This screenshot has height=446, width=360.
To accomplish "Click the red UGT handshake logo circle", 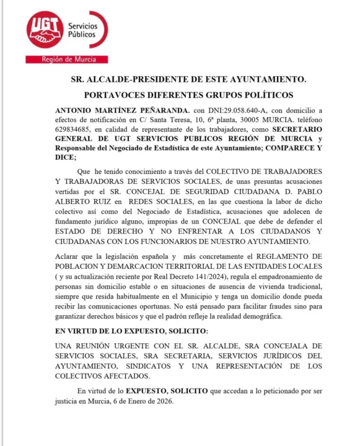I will pos(45,32).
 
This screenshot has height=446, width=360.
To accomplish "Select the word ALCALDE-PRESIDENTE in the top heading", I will pos(158,80).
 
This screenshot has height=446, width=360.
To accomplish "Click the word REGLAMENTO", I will pos(278,256).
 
